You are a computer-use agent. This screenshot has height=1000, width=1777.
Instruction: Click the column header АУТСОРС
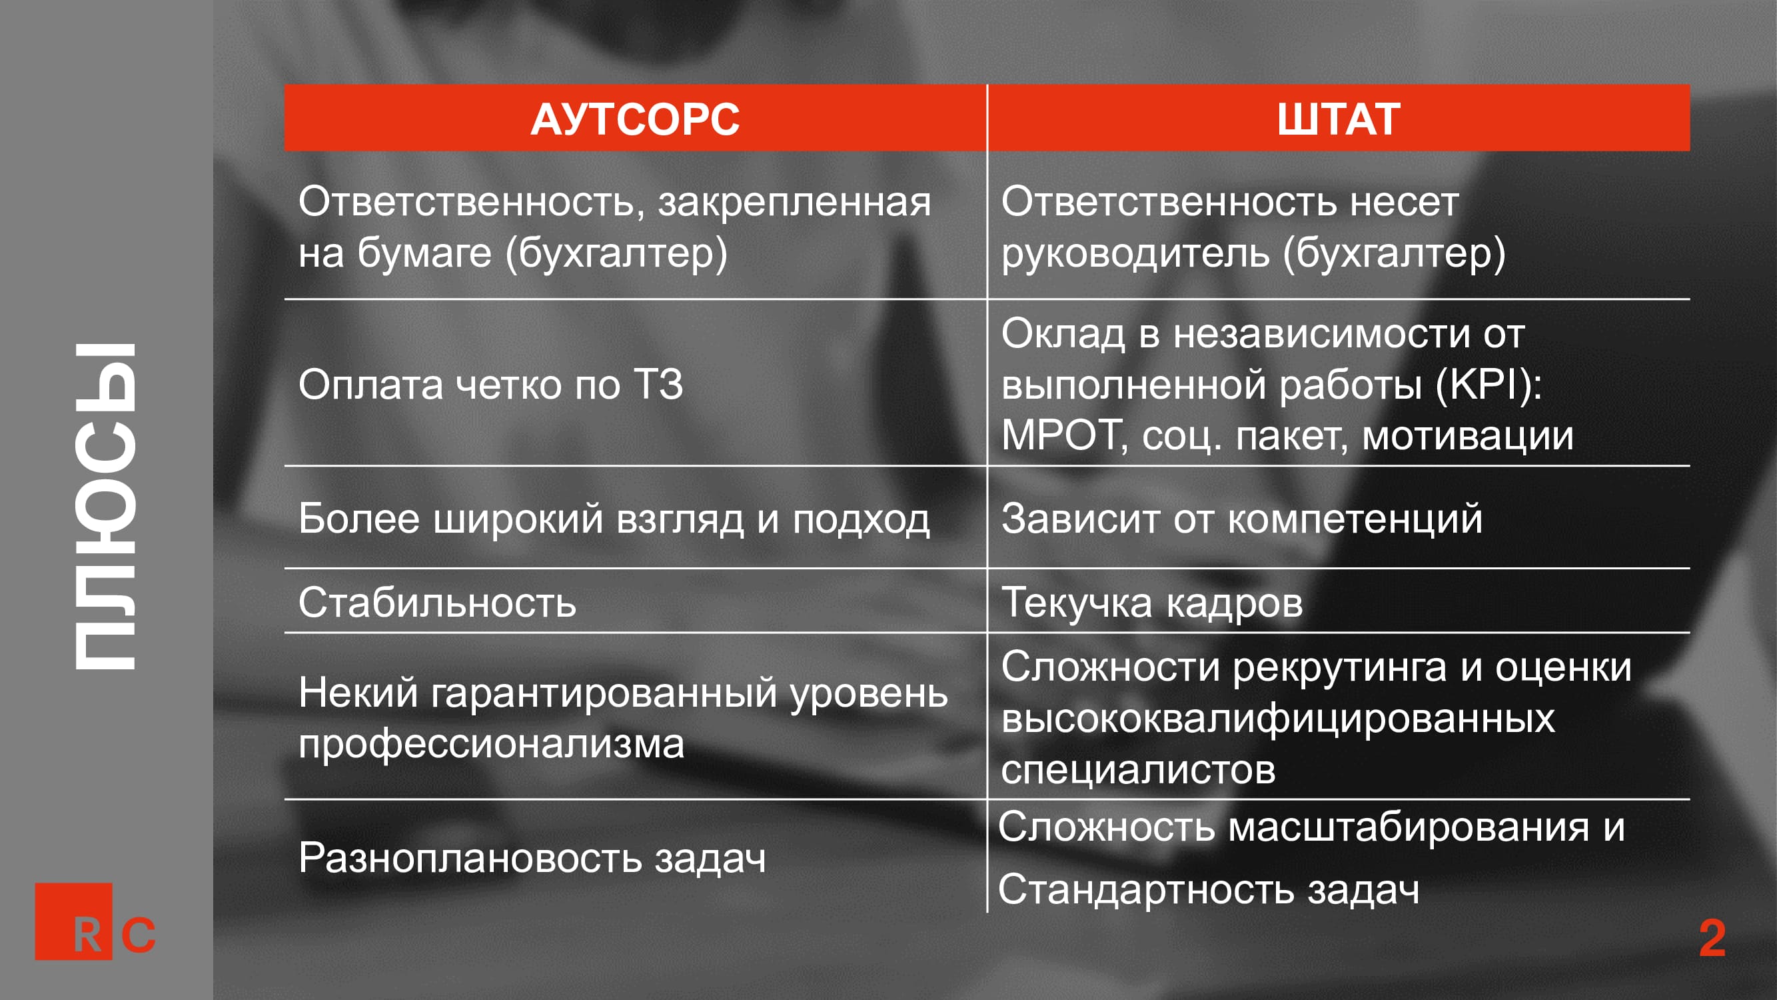tap(634, 119)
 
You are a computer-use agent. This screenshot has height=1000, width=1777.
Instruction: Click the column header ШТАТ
tap(1339, 119)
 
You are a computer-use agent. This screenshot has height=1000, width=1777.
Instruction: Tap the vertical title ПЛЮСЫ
tap(105, 507)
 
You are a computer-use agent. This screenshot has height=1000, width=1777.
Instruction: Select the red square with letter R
tap(73, 921)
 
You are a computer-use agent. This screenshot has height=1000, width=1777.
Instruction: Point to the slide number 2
tap(1712, 938)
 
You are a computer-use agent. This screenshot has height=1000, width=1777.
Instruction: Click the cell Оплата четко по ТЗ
tap(490, 384)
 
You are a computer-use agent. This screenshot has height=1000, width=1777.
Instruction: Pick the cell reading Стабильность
tap(437, 603)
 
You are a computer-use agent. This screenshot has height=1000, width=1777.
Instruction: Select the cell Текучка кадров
tap(1152, 603)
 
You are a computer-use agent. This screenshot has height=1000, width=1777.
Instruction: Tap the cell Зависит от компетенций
tap(1242, 518)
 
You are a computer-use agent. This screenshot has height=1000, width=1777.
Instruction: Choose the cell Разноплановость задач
tap(532, 858)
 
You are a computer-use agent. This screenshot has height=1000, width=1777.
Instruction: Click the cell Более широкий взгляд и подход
tap(614, 518)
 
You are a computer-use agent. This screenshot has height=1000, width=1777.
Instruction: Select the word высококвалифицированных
tap(1278, 719)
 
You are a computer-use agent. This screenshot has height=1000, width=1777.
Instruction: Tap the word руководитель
tap(1135, 254)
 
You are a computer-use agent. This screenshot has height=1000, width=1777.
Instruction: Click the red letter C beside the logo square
tap(139, 935)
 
